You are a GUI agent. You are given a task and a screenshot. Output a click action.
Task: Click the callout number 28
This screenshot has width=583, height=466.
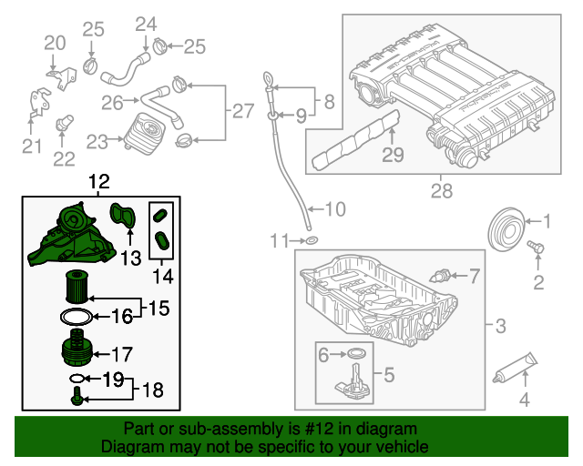(x=441, y=192)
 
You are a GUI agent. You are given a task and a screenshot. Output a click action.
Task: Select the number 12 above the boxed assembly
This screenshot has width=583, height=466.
(x=97, y=183)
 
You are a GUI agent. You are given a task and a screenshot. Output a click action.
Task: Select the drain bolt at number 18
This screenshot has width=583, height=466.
(x=77, y=394)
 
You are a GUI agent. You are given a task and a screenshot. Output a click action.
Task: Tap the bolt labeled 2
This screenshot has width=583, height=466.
(x=536, y=247)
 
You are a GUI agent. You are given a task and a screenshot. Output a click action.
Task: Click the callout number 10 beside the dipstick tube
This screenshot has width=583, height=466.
(x=334, y=209)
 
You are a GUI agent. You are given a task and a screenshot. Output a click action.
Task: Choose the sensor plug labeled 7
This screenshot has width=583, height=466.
(x=444, y=275)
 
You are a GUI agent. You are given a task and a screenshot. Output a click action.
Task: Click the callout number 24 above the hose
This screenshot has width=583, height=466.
(x=146, y=23)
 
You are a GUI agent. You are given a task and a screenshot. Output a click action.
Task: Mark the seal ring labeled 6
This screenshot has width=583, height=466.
(x=358, y=353)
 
